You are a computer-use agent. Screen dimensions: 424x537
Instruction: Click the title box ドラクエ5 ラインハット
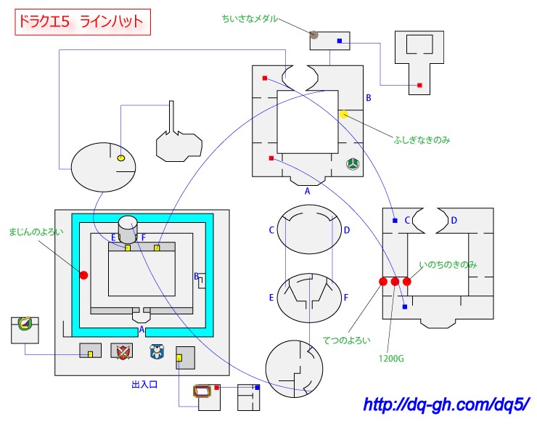83,23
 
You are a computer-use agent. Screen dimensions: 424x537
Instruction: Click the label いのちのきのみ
448,265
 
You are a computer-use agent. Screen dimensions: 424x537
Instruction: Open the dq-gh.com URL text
446,404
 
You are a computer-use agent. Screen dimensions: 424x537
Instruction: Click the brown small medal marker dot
314,34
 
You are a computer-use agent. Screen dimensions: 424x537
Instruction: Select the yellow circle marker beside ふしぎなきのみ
344,115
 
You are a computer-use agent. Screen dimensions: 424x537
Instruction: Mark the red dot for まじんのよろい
83,275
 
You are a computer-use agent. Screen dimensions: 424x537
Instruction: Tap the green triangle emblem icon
353,164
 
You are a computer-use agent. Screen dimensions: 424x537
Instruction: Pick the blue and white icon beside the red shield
156,352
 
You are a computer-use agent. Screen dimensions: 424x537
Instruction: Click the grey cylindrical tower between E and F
128,230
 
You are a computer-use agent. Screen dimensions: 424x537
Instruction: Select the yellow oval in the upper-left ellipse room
121,158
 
